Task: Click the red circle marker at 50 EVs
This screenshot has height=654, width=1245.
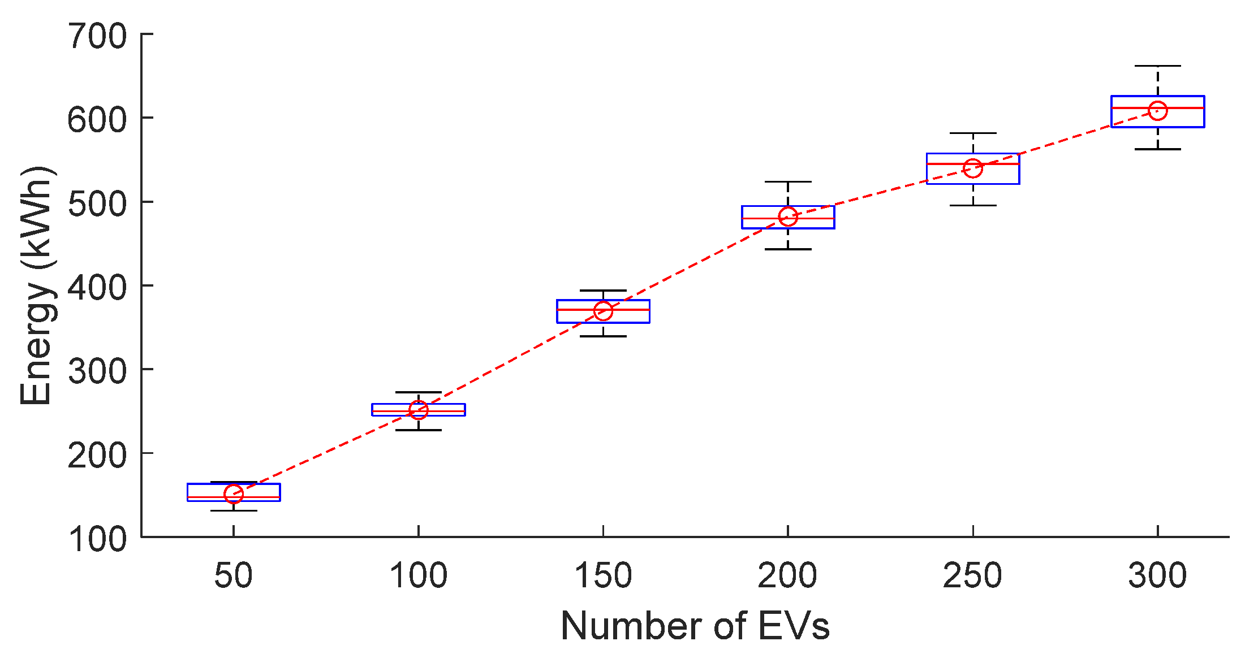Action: coord(234,494)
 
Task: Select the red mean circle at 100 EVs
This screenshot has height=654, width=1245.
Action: coord(418,410)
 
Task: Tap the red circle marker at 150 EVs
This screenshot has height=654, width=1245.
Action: coord(603,311)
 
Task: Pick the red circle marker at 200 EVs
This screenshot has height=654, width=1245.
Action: coord(788,216)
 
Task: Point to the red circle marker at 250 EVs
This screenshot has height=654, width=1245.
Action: coord(973,168)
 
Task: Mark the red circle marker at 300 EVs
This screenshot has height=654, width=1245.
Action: coord(1158,110)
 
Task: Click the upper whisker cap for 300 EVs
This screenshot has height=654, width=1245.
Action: coord(1158,66)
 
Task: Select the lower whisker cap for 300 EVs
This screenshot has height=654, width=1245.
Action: coord(1158,149)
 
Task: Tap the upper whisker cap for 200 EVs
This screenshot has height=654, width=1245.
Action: coord(788,182)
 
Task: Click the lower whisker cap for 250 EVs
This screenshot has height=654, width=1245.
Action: coord(973,205)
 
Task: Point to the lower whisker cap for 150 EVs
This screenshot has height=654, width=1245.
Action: coord(603,336)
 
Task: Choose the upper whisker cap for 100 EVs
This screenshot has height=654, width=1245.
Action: coord(418,392)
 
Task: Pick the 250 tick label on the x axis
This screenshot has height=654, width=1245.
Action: coord(972,576)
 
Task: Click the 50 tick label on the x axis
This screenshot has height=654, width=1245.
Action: coord(233,576)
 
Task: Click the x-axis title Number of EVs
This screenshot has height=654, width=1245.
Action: coord(695,626)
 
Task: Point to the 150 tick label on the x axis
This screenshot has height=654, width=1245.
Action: coord(603,576)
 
